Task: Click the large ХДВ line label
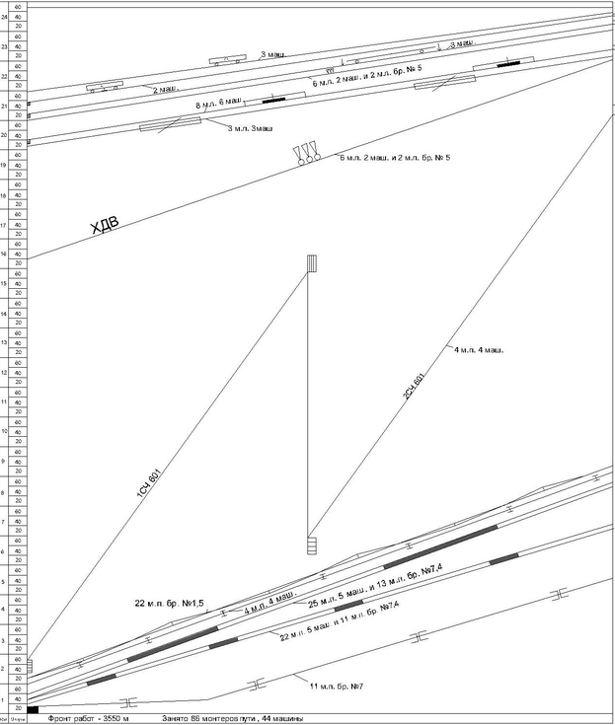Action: tap(104, 227)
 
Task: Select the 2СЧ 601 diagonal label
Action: tap(414, 385)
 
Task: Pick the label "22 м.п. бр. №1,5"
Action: tap(169, 602)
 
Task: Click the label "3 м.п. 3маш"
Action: tap(250, 129)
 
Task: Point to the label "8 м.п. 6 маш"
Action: tap(219, 104)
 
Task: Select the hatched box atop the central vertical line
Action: tap(311, 263)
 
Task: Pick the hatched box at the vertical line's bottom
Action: tap(311, 544)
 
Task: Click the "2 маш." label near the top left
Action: tap(165, 89)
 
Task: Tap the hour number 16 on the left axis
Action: tap(4, 254)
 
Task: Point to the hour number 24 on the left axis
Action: tap(4, 17)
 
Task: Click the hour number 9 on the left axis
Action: tap(4, 462)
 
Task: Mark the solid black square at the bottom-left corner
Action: tap(33, 709)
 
